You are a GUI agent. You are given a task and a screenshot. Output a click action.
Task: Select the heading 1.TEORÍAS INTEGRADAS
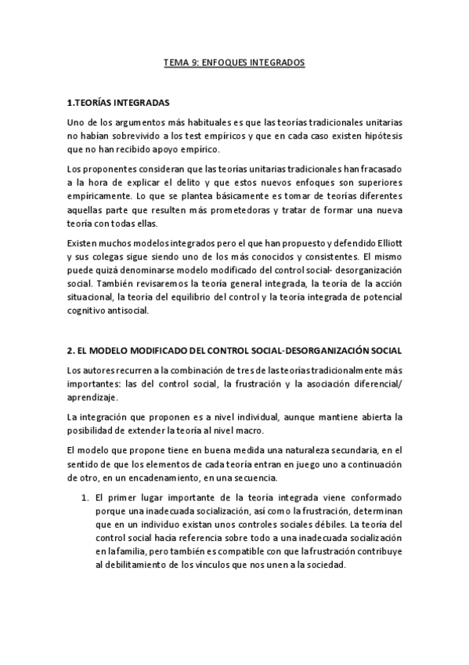point(117,103)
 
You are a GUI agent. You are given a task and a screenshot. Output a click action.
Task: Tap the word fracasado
point(379,169)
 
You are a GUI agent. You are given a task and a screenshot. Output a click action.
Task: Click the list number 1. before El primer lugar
point(86,499)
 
